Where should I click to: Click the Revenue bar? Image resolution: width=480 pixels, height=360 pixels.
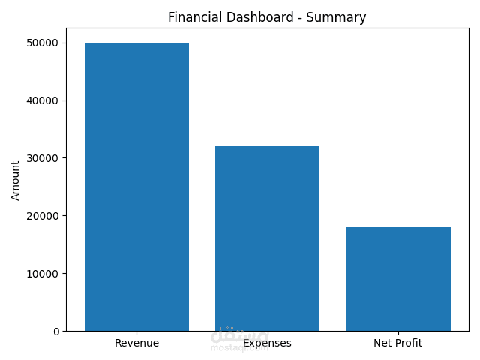[136, 187]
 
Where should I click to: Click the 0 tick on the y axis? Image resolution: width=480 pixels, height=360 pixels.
[56, 331]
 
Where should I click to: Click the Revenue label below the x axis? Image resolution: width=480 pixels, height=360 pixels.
[136, 343]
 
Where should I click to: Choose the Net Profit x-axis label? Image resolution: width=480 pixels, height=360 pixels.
[397, 343]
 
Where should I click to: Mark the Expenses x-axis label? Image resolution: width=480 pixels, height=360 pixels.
[268, 344]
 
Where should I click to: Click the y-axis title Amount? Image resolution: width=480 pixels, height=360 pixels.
[16, 180]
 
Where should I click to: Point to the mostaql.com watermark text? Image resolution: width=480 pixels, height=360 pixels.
[239, 348]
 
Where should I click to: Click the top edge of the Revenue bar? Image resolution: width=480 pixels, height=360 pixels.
[136, 43]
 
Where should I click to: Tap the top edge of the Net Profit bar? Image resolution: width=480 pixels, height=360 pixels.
[397, 227]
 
